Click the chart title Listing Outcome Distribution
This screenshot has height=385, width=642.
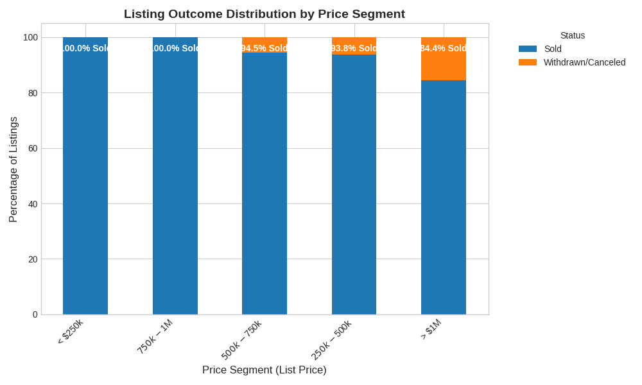point(264,14)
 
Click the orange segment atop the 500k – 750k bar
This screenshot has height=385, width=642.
point(265,40)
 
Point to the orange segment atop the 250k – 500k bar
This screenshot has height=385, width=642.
point(354,41)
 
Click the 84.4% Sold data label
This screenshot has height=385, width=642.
point(444,48)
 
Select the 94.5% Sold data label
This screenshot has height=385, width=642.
point(265,48)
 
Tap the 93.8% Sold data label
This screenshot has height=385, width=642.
point(354,48)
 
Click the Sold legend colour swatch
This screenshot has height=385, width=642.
point(528,49)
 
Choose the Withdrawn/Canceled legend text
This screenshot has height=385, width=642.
point(584,62)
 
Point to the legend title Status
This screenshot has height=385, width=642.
point(573,35)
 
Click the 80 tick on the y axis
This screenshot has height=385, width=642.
point(33,93)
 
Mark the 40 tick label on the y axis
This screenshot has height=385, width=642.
point(33,204)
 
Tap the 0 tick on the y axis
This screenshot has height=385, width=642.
point(35,314)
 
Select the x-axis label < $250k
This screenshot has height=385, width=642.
point(71,332)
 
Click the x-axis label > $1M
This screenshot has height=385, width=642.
point(431,329)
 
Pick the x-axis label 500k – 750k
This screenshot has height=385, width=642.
point(242,340)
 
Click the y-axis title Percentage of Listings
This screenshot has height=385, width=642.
point(13,169)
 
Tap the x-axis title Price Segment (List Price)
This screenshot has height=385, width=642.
point(265,370)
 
